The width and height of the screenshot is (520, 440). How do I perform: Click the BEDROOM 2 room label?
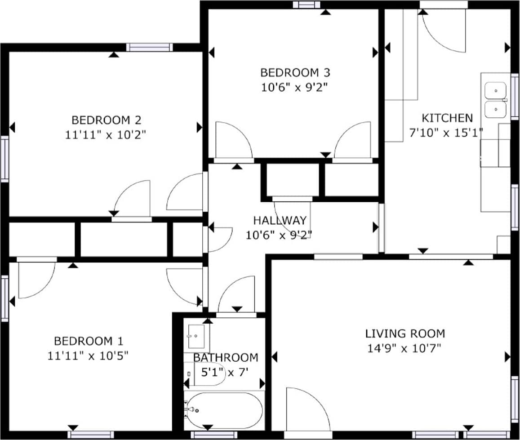coord(107,120)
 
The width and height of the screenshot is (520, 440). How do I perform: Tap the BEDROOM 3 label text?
coord(295,72)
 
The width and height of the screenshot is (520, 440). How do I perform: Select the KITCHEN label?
coord(447,118)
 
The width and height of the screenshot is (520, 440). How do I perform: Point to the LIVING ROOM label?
coord(405,333)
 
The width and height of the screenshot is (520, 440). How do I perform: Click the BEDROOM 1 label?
coord(89,341)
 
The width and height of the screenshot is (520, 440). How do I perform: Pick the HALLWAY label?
coord(280,220)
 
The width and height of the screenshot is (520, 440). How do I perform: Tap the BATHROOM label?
coord(226,357)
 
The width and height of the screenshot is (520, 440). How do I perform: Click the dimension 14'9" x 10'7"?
coord(404,348)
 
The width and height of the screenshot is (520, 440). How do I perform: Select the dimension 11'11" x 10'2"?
coord(106,135)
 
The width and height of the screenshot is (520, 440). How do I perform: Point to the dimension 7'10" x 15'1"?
coord(446,133)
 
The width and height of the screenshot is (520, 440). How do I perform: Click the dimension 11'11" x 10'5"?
coord(88,356)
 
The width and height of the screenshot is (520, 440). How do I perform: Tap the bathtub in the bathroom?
coord(224,410)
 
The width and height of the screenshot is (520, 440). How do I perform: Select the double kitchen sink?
coord(495,100)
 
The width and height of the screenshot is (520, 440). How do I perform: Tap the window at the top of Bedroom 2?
coord(150,47)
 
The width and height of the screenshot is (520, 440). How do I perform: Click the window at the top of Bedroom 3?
coord(307,4)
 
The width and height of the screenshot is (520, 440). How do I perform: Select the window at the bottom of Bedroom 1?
coord(91,435)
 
